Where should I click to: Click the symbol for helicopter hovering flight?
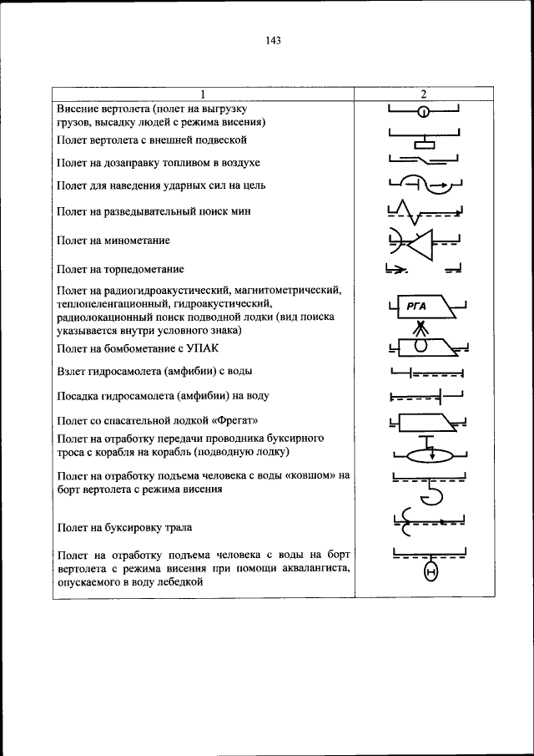pos(424,112)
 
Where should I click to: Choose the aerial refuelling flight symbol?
pos(424,160)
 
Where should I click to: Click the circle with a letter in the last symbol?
pos(431,572)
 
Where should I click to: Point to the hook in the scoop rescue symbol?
pos(431,496)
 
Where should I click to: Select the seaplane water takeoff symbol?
pos(424,372)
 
